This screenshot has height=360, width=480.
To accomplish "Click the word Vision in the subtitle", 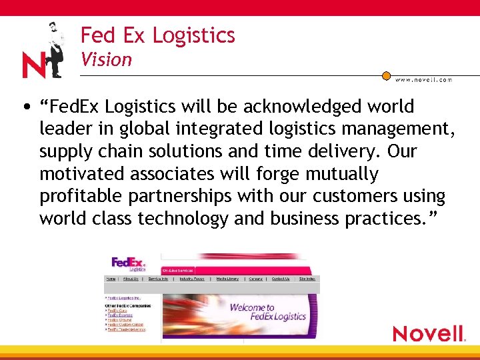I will [107, 60].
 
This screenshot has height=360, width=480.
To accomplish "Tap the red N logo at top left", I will [33, 65].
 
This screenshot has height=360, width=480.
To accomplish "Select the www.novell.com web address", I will [423, 79].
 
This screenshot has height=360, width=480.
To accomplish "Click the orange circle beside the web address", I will [386, 76].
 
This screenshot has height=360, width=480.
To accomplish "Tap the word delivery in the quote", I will [341, 152].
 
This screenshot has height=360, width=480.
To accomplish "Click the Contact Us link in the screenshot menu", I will [281, 279].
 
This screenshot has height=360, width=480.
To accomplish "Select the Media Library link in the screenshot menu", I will [227, 279].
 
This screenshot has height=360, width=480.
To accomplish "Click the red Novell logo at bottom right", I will [428, 333].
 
